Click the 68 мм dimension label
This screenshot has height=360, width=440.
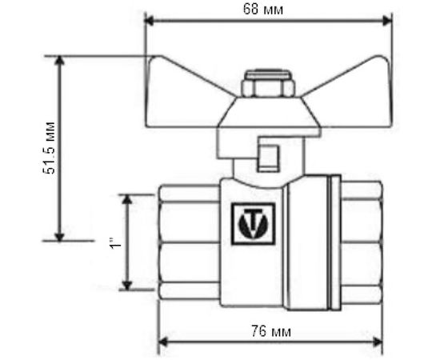click(x=268, y=9)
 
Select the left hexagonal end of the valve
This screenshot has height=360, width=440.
click(x=188, y=240)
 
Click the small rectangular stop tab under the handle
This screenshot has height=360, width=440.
click(x=268, y=156)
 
